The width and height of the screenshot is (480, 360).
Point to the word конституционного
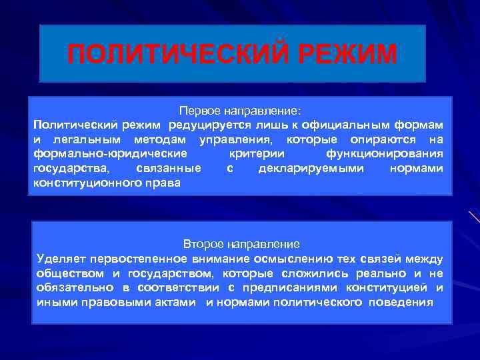tap(79, 183)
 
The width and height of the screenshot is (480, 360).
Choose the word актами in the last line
tap(177, 302)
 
